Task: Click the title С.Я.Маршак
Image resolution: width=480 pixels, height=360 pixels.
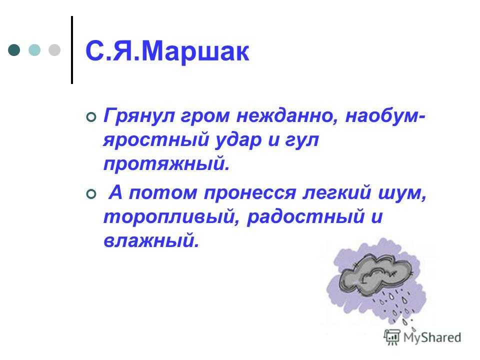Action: pos(167,51)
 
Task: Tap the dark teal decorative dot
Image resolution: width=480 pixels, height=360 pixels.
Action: pos(14,50)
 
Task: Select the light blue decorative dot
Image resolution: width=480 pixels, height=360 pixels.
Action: pos(34,50)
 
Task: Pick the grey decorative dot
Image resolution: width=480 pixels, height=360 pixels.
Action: pos(54,50)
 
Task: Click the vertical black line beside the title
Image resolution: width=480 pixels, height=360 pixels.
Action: pos(72,49)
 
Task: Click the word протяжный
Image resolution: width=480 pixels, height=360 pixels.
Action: pos(166,164)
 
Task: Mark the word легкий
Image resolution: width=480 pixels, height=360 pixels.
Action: pos(336,193)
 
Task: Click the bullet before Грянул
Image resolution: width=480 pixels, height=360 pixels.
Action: pos(91,117)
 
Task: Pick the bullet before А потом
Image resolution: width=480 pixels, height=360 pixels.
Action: pos(91,194)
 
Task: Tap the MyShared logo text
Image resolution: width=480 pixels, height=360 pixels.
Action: pos(432,337)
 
